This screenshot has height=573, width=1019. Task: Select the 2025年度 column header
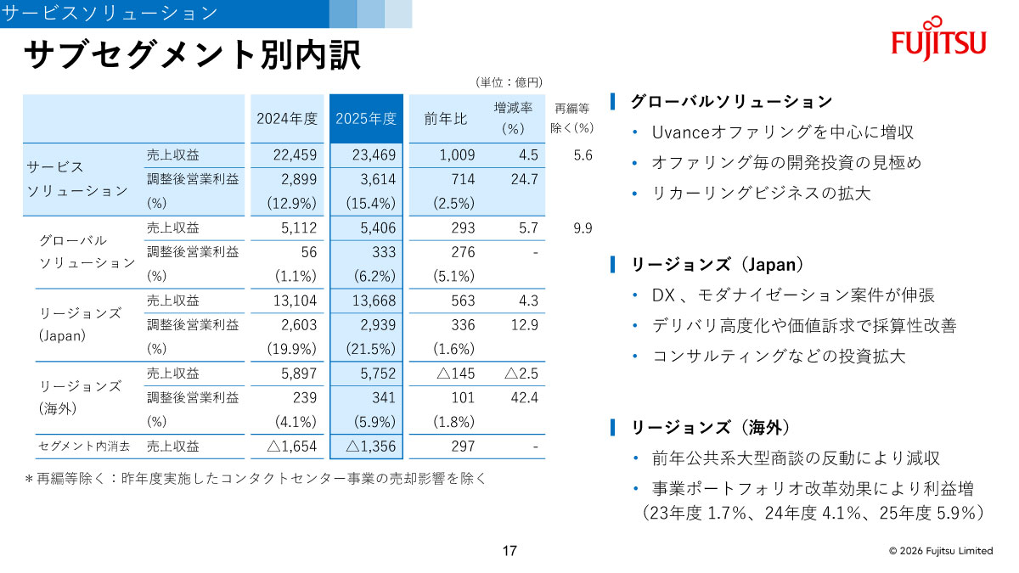[366, 119]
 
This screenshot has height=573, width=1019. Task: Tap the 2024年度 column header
[287, 119]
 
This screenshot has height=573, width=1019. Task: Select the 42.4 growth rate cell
[525, 397]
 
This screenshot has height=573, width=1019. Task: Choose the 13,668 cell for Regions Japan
[373, 301]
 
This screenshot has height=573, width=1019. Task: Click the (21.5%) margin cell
[371, 349]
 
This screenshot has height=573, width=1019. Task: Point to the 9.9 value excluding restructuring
[582, 228]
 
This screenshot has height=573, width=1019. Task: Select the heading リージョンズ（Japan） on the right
[718, 264]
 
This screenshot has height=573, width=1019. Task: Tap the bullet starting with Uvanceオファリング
[782, 132]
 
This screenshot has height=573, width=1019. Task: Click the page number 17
[509, 551]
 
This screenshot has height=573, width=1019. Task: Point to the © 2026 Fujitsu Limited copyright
[940, 551]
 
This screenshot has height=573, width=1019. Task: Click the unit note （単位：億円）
[509, 82]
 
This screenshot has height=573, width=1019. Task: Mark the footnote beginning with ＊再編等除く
[256, 478]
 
